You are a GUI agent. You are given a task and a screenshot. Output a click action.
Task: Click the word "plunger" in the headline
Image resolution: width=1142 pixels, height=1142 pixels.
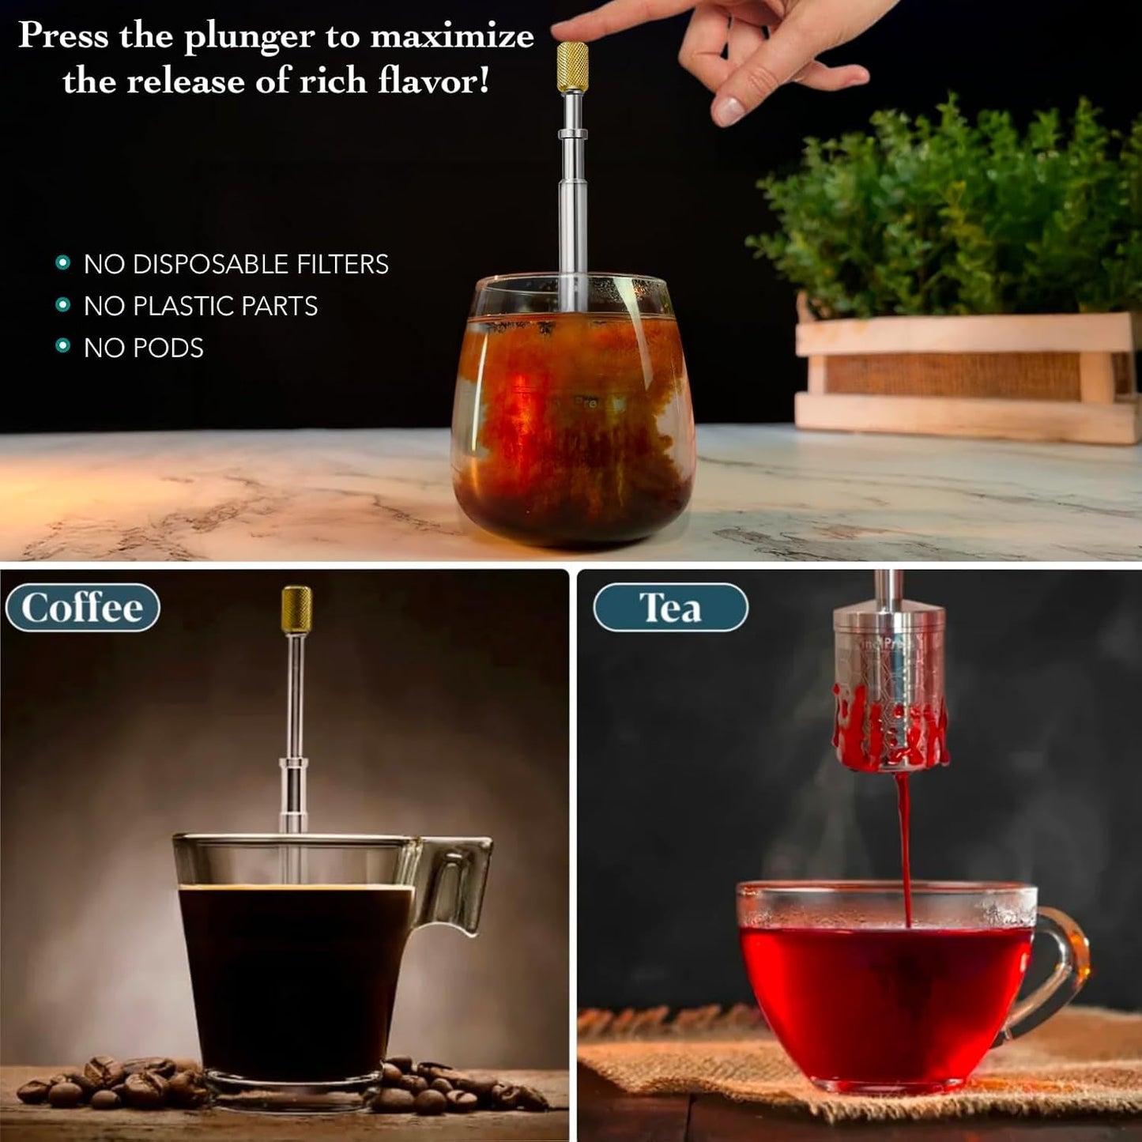(249, 38)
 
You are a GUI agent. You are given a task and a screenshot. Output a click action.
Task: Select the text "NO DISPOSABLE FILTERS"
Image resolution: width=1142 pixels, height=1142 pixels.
(236, 264)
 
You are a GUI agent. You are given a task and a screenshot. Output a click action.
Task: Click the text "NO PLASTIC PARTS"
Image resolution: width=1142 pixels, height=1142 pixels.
(201, 306)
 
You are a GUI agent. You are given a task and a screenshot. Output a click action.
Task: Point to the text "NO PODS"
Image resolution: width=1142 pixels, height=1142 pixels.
(144, 348)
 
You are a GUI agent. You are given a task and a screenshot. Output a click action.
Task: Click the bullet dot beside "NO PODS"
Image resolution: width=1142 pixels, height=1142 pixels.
(63, 345)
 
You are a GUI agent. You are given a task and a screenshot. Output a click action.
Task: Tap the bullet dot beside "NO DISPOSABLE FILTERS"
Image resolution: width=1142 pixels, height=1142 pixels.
(63, 262)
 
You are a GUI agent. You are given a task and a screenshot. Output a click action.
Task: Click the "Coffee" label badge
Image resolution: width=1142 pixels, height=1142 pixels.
(82, 608)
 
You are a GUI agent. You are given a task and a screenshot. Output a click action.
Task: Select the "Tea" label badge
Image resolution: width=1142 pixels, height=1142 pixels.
(670, 608)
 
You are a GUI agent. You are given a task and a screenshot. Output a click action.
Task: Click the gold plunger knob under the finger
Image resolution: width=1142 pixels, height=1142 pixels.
(572, 66)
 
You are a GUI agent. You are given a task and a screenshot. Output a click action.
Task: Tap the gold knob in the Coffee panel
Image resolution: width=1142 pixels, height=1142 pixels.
(296, 609)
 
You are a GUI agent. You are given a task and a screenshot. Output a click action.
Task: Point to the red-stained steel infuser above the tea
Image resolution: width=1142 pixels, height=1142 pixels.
(889, 695)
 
